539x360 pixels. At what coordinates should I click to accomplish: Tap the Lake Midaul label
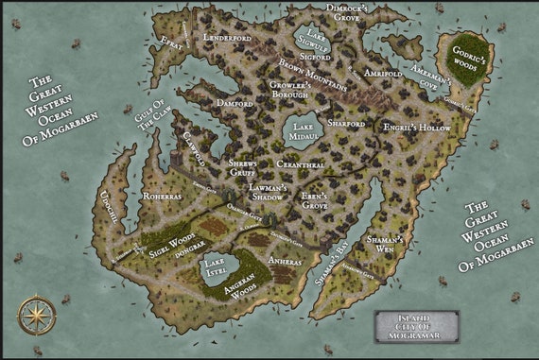[304, 131]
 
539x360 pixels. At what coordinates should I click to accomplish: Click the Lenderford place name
[226, 38]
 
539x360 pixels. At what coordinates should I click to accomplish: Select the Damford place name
[234, 102]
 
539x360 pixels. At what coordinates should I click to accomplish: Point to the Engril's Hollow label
[416, 125]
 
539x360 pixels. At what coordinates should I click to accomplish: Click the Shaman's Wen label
[388, 245]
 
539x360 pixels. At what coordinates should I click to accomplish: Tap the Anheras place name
[285, 260]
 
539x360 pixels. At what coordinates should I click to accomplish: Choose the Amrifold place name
[383, 73]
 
